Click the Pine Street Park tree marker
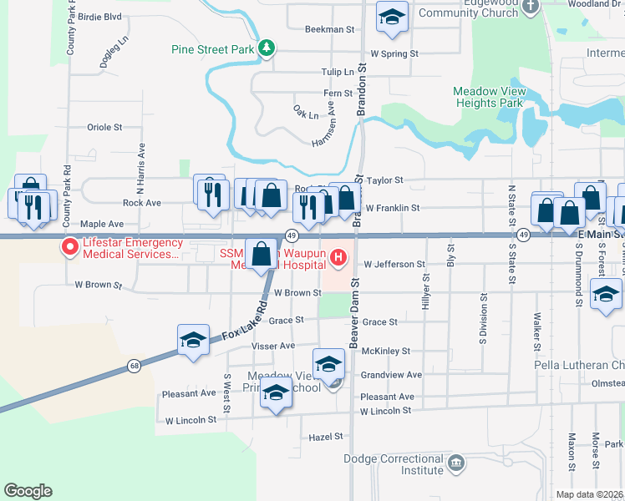[267, 48]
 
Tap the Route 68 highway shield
[134, 365]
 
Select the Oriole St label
[104, 128]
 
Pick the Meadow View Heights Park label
[488, 97]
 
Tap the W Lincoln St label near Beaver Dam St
[385, 411]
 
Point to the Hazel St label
[326, 436]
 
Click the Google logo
[28, 490]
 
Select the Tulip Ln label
[338, 73]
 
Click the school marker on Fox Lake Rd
[193, 340]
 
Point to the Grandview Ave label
[391, 375]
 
